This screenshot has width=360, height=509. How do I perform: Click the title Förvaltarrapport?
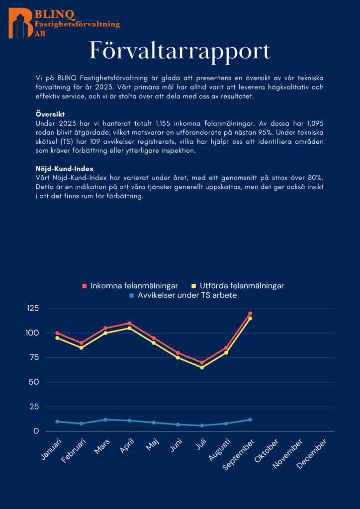180,51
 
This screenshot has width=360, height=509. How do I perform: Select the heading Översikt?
50,114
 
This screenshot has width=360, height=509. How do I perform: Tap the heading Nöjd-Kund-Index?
65,169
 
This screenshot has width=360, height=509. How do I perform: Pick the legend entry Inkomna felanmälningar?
130,286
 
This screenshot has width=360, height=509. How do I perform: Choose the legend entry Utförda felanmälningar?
237,286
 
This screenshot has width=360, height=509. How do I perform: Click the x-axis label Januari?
51,449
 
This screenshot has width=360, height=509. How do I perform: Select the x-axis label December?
312,454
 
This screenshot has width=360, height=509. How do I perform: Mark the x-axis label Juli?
201,445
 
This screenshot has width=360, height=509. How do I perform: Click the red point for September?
250,314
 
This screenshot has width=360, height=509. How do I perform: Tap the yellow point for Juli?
202,367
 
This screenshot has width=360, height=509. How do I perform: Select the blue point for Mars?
105,420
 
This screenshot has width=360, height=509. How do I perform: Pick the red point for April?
130,324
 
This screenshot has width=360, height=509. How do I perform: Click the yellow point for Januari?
57,338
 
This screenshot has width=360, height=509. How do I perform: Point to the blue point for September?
250,420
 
